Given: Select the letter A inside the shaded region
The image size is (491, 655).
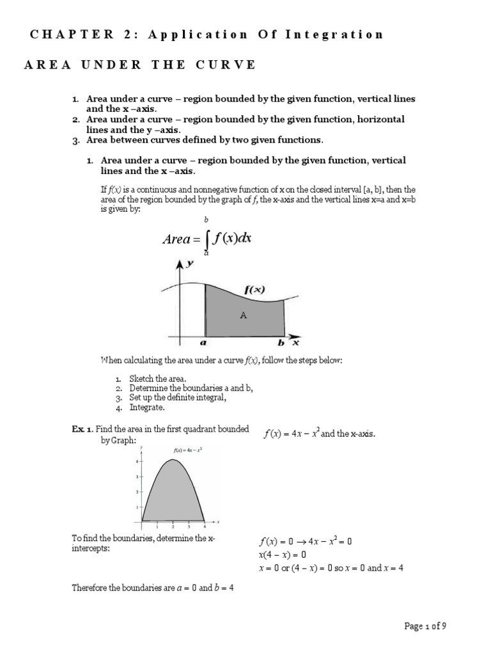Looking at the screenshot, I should click(242, 314).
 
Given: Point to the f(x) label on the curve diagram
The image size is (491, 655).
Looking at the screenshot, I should click(255, 289).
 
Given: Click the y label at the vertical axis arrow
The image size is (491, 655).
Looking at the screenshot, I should click(190, 264).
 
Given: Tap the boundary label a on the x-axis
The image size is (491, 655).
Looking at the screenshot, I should click(205, 343).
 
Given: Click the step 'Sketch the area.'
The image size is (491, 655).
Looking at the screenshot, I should click(157, 379).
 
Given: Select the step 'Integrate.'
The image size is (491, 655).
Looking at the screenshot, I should click(147, 407).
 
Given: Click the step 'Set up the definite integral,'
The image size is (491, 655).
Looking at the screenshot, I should click(178, 397).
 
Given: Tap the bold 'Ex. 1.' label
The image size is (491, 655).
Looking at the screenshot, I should click(82, 429).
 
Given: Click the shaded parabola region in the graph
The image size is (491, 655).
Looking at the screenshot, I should click(173, 493).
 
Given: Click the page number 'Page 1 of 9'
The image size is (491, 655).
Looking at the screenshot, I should click(425, 626).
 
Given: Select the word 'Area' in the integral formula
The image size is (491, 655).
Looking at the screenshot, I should click(176, 240).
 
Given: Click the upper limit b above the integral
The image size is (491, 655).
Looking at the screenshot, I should click(206, 219).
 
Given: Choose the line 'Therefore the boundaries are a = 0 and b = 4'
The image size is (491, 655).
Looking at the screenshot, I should click(153, 587).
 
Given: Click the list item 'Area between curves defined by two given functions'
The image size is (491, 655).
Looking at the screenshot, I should click(205, 139).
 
